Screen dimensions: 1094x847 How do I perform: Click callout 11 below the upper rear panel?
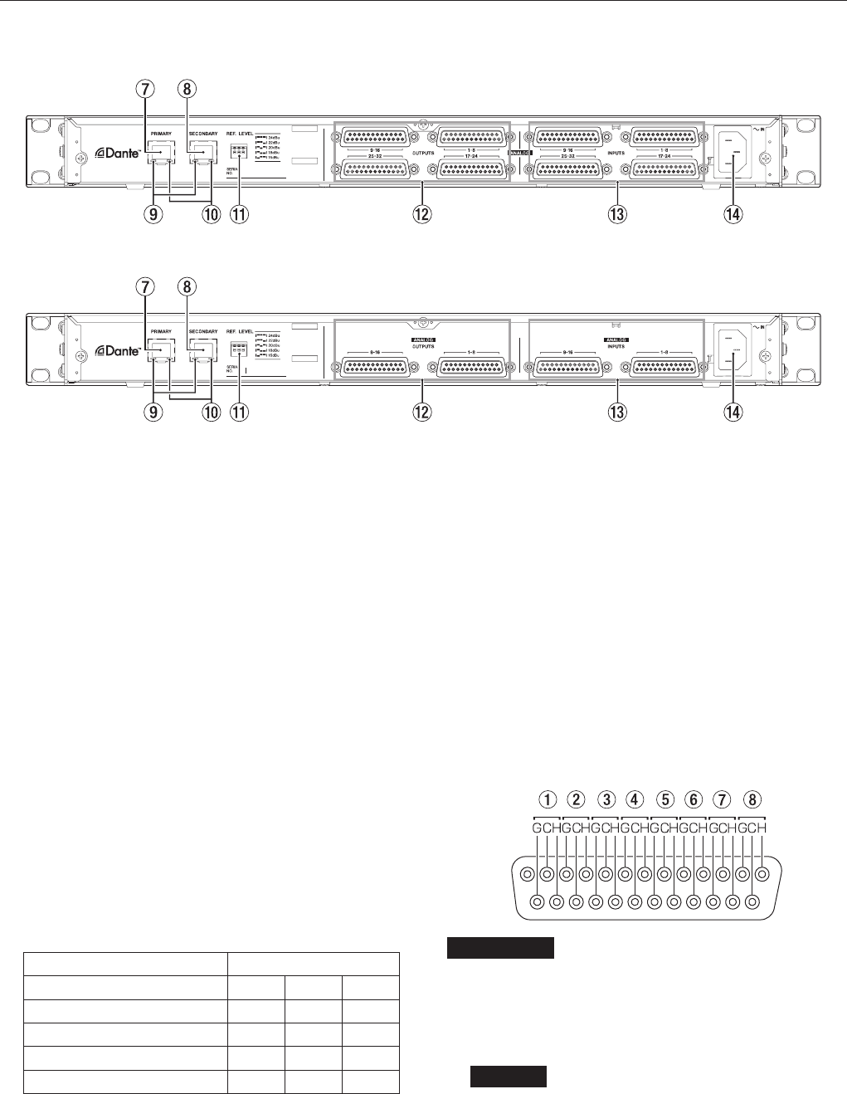tap(239, 214)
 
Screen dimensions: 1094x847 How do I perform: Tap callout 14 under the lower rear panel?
tap(733, 412)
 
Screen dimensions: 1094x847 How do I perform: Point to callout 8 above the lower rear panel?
tap(187, 287)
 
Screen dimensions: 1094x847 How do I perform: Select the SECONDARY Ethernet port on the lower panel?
tap(202, 349)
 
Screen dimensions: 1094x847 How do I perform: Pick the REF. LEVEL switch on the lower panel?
tap(240, 349)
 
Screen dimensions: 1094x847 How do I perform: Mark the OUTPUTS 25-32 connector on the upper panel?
tap(375, 169)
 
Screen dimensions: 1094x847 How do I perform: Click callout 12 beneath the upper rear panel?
tap(424, 214)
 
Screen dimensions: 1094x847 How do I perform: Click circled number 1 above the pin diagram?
tap(547, 800)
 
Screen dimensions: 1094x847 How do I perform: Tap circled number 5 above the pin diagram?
tap(664, 800)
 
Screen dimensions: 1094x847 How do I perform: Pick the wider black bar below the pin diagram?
tap(499, 948)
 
